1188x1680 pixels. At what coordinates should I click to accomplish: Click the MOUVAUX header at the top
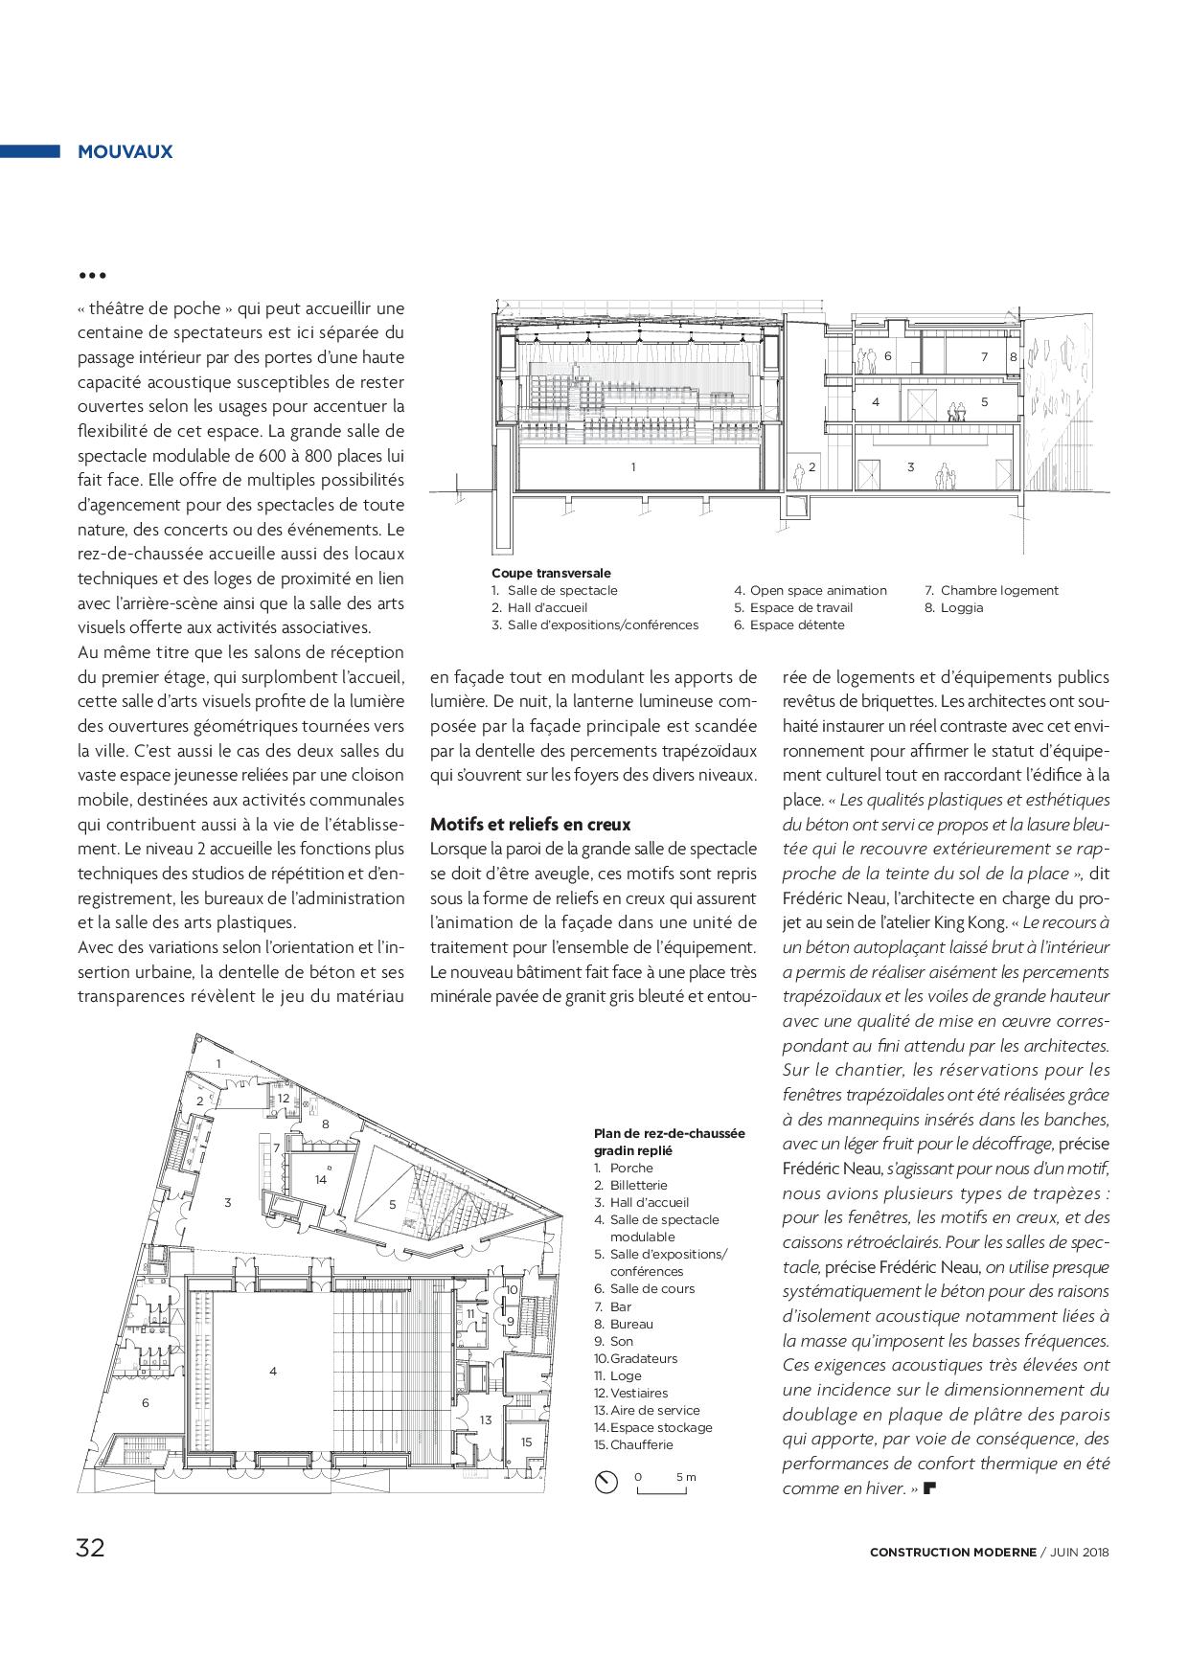click(x=125, y=151)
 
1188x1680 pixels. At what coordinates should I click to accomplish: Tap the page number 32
click(x=90, y=1548)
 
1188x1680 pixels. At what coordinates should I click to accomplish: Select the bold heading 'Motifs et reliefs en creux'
click(x=530, y=824)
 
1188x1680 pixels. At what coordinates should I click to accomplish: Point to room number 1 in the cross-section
click(x=633, y=467)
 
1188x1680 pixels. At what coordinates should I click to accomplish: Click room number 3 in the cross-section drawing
click(x=910, y=467)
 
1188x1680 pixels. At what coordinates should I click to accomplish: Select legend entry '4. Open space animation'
click(x=811, y=590)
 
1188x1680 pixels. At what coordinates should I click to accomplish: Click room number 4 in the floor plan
click(x=273, y=1372)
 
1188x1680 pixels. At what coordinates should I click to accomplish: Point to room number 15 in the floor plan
click(x=526, y=1442)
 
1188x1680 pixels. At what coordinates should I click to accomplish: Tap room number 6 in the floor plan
click(x=146, y=1403)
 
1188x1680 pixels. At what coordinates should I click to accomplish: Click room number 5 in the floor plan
click(x=392, y=1205)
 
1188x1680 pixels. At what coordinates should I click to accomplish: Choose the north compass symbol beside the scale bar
click(x=606, y=1482)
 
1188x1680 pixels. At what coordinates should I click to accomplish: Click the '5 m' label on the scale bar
click(x=686, y=1477)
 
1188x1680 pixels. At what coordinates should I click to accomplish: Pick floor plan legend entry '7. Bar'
click(x=613, y=1306)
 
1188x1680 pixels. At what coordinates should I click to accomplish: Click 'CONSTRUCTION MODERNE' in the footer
click(x=952, y=1553)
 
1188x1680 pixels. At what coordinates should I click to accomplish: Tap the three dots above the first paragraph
click(x=92, y=276)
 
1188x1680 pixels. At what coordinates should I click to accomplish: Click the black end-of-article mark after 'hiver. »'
click(x=928, y=1489)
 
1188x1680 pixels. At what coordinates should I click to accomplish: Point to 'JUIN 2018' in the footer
click(x=1080, y=1553)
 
